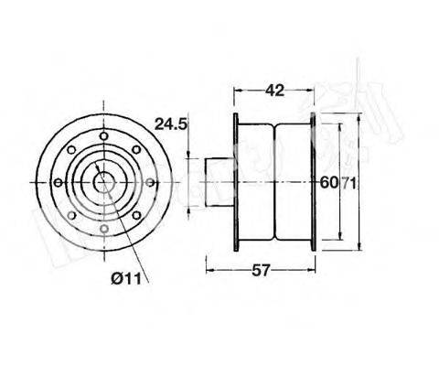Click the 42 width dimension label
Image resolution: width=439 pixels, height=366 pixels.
pyautogui.click(x=273, y=91)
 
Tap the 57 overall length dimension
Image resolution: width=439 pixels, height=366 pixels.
pyautogui.click(x=261, y=269)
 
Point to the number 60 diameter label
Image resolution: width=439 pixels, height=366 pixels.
pyautogui.click(x=327, y=182)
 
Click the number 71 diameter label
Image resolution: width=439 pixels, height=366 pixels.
pyautogui.click(x=348, y=182)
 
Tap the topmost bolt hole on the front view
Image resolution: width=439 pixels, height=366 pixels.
pyautogui.click(x=103, y=136)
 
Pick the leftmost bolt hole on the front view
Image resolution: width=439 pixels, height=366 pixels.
pyautogui.click(x=58, y=182)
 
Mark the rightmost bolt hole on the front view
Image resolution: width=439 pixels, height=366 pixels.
pyautogui.click(x=149, y=182)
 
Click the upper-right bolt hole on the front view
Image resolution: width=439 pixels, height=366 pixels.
pyautogui.click(x=135, y=149)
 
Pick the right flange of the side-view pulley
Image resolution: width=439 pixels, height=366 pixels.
pyautogui.click(x=313, y=182)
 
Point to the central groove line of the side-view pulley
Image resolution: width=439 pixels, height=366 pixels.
pyautogui.click(x=274, y=182)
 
